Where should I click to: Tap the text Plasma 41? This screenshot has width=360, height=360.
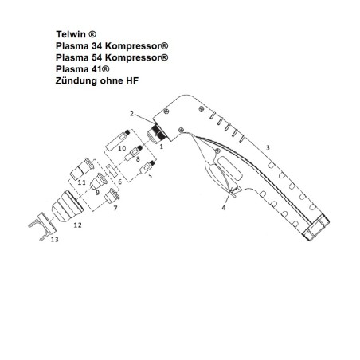[x=83, y=70]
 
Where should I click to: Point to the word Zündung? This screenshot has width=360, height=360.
[x=79, y=82]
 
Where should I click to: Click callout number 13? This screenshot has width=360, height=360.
[x=53, y=238]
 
